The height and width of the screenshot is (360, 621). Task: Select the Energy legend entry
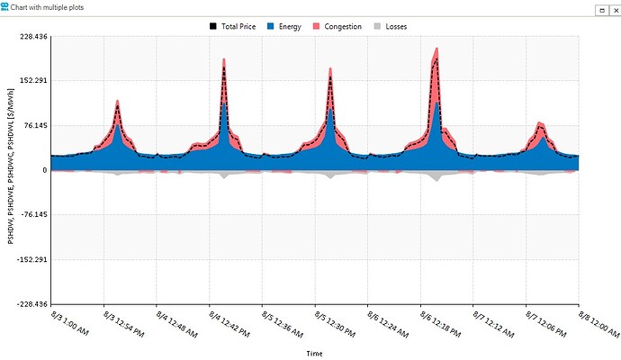pyautogui.click(x=284, y=27)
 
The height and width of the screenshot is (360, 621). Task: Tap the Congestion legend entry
pyautogui.click(x=337, y=27)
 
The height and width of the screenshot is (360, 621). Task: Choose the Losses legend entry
pyautogui.click(x=392, y=27)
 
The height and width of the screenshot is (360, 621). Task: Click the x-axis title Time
pyautogui.click(x=314, y=353)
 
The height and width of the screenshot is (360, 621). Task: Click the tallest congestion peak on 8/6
pyautogui.click(x=437, y=49)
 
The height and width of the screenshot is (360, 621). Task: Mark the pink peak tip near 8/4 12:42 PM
pyautogui.click(x=223, y=59)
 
